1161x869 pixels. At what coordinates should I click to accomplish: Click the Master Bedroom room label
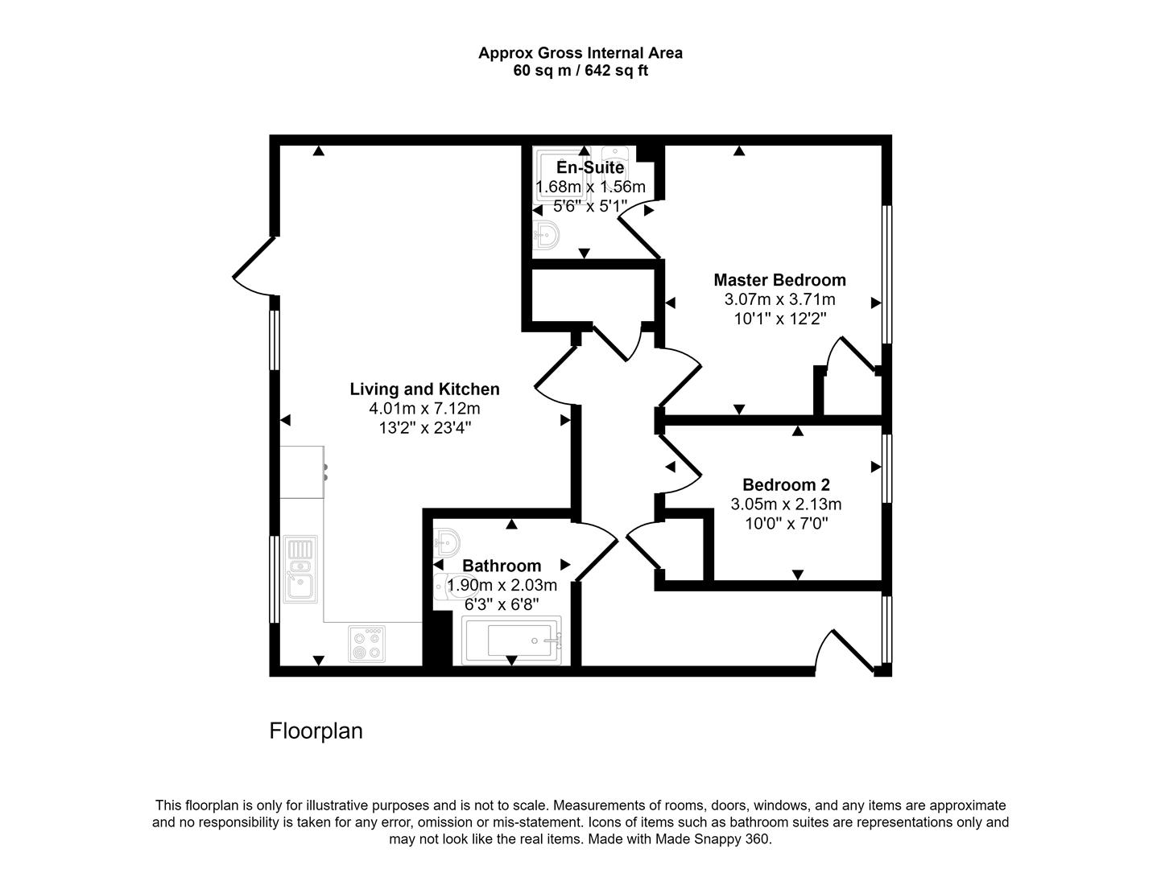pyautogui.click(x=779, y=280)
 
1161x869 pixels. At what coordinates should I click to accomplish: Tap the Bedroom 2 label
pyautogui.click(x=786, y=485)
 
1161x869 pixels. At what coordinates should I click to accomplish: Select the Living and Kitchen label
pyautogui.click(x=424, y=389)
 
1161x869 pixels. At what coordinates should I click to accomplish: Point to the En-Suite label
pyautogui.click(x=590, y=168)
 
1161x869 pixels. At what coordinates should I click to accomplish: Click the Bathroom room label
pyautogui.click(x=502, y=566)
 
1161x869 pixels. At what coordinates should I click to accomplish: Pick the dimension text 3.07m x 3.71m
pyautogui.click(x=779, y=299)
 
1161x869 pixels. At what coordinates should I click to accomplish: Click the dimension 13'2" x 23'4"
pyautogui.click(x=424, y=428)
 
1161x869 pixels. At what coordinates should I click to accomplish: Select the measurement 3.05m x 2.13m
pyautogui.click(x=786, y=505)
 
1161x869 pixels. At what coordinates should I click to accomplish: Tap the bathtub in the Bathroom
pyautogui.click(x=511, y=640)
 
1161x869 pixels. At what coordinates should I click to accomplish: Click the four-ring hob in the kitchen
pyautogui.click(x=367, y=644)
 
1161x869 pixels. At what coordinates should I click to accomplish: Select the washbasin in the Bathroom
pyautogui.click(x=447, y=541)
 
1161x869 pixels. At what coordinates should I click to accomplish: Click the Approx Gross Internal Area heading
pyautogui.click(x=580, y=53)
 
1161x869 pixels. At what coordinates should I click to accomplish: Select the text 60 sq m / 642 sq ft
pyautogui.click(x=580, y=71)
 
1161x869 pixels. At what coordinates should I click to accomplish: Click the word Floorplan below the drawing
pyautogui.click(x=316, y=731)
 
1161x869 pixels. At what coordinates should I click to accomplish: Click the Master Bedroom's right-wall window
pyautogui.click(x=886, y=274)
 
